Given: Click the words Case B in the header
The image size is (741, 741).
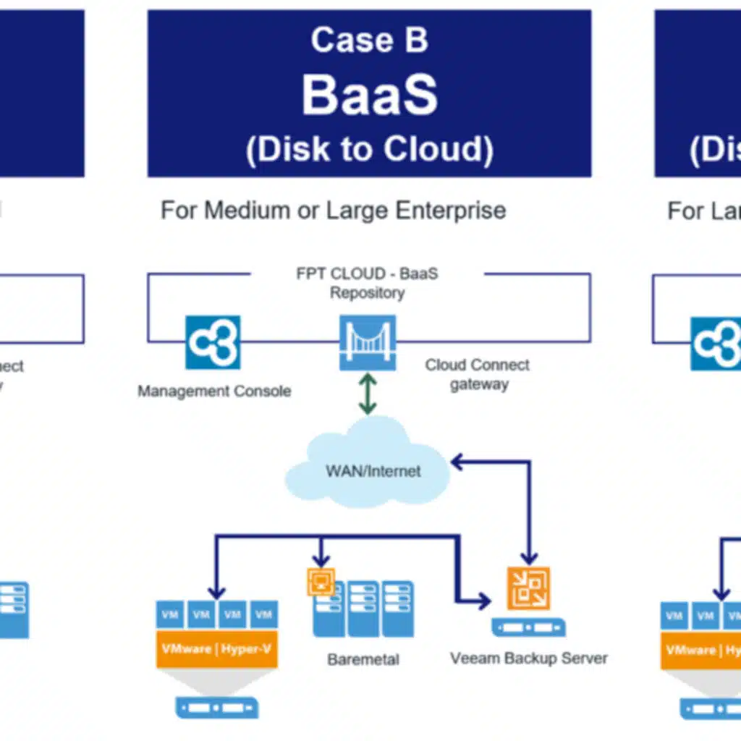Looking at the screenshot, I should pyautogui.click(x=369, y=40).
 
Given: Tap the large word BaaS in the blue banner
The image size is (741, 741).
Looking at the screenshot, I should pyautogui.click(x=369, y=95).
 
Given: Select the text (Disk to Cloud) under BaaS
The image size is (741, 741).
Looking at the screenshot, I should pyautogui.click(x=369, y=149).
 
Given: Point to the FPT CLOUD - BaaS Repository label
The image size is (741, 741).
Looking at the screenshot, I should pyautogui.click(x=367, y=283).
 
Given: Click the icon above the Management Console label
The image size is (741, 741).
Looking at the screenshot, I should pyautogui.click(x=213, y=342).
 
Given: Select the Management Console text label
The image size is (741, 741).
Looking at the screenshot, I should pyautogui.click(x=214, y=391).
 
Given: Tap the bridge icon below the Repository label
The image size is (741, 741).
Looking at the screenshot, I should pyautogui.click(x=368, y=342).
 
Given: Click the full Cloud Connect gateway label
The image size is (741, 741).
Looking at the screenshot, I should pyautogui.click(x=478, y=374).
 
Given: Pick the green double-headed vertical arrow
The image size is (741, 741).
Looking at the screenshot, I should pyautogui.click(x=368, y=394).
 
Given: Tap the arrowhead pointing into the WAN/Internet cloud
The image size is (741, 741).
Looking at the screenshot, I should pyautogui.click(x=456, y=460).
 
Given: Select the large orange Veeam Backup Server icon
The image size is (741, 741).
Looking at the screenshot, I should pyautogui.click(x=528, y=588).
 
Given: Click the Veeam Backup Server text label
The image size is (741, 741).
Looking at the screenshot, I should pyautogui.click(x=528, y=659).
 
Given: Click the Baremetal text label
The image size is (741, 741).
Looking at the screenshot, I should pyautogui.click(x=363, y=659).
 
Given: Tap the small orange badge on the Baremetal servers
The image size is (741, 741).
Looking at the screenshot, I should pyautogui.click(x=321, y=581).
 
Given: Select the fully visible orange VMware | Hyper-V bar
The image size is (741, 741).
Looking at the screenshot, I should pyautogui.click(x=217, y=649).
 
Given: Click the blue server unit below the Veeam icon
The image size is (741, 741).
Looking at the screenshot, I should pyautogui.click(x=528, y=627).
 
